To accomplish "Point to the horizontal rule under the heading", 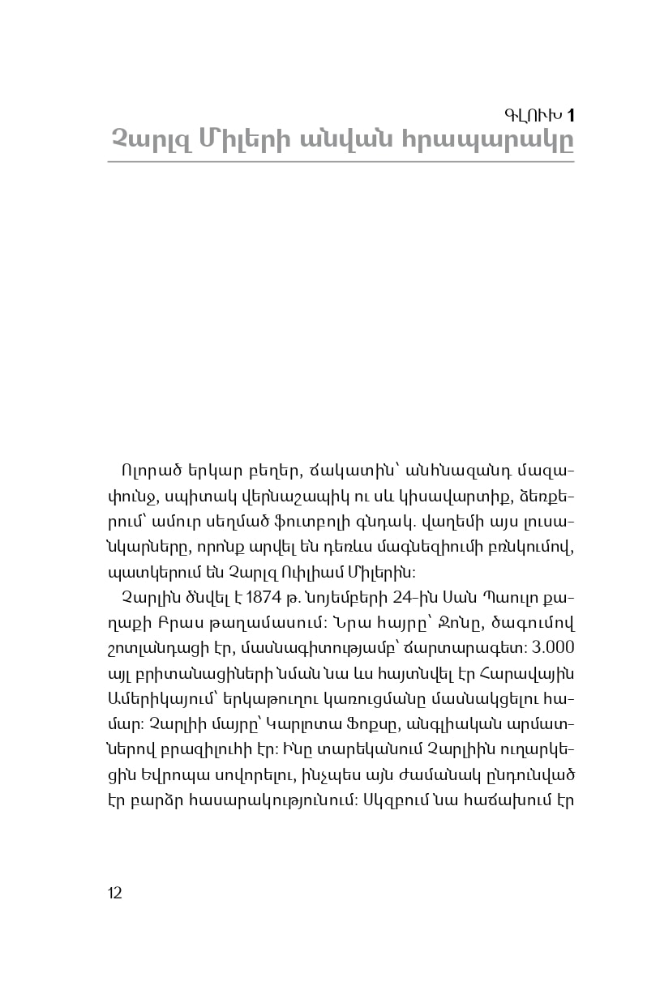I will click(341, 162).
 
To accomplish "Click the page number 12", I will click(114, 893).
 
